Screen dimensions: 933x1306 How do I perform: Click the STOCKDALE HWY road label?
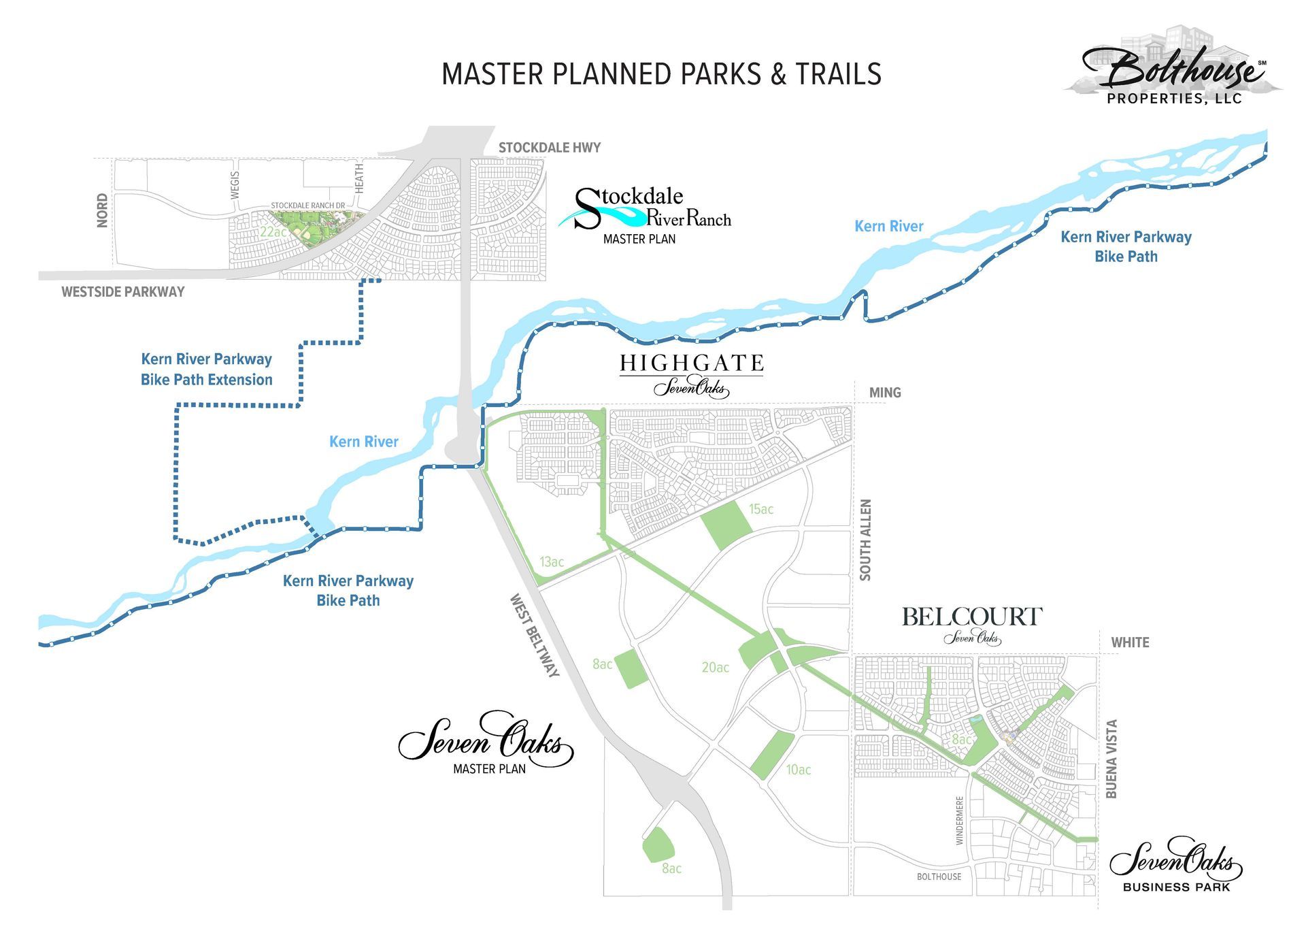tap(549, 148)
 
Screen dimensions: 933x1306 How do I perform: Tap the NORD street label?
tap(102, 210)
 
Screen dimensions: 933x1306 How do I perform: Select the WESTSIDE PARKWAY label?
tap(123, 292)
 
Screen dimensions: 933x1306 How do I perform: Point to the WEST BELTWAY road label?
tap(535, 636)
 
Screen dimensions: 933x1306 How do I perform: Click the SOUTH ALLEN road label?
tap(865, 540)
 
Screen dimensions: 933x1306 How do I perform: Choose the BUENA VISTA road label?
tap(1111, 759)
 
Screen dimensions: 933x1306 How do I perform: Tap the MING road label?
tap(884, 393)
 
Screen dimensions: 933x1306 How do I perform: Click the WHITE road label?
tap(1130, 642)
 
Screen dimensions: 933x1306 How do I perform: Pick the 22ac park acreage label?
tap(272, 232)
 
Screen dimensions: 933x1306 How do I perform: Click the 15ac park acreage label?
tap(761, 509)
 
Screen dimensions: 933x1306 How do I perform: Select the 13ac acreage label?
tap(552, 562)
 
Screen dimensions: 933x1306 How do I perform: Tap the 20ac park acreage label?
tap(715, 668)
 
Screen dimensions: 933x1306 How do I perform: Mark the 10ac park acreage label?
tap(799, 770)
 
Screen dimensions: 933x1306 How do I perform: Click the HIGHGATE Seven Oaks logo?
tap(691, 374)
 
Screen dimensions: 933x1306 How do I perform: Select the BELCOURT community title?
tap(971, 617)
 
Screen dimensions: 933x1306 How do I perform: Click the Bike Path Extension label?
tap(206, 370)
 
